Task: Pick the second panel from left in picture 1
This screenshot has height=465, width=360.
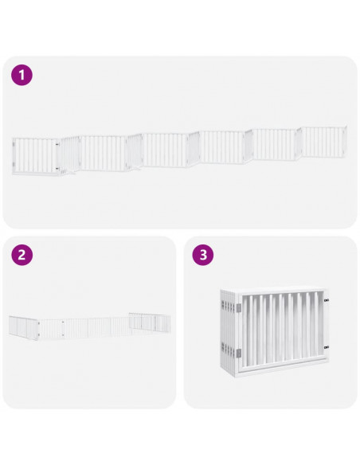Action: (x=70, y=154)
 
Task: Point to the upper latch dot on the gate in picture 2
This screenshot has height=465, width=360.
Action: (x=64, y=322)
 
